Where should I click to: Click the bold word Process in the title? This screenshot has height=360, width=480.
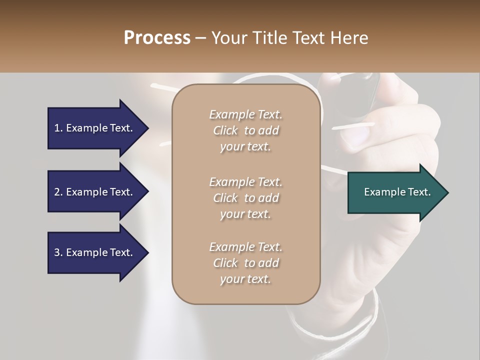coord(157,37)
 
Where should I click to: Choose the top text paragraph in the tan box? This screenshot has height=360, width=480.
coord(245,130)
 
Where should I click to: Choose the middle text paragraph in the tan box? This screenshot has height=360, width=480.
coord(245,198)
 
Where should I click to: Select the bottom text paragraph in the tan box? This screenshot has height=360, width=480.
coord(245,263)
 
